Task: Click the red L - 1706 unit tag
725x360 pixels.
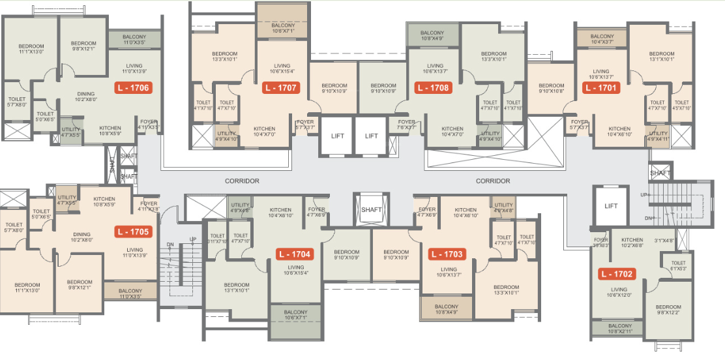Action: click(x=133, y=87)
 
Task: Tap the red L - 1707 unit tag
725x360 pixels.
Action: click(x=280, y=87)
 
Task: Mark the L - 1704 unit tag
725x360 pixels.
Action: click(x=294, y=254)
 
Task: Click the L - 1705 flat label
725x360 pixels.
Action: click(x=133, y=232)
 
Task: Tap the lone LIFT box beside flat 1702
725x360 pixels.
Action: click(x=611, y=206)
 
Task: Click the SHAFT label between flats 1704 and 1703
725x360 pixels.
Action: click(x=372, y=209)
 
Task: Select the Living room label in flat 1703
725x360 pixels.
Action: click(x=449, y=270)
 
